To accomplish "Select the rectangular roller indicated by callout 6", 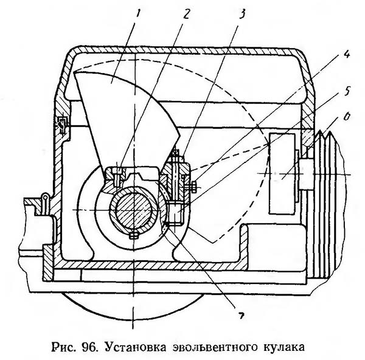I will (282, 173).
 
